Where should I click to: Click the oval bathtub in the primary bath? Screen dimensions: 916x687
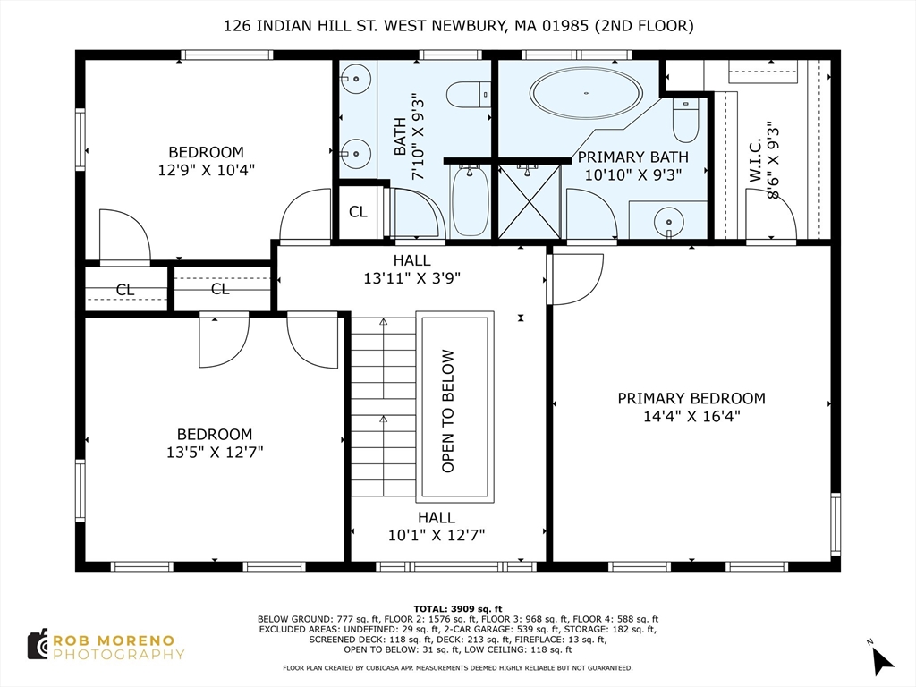[586, 93]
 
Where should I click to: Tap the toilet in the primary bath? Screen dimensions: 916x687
[685, 120]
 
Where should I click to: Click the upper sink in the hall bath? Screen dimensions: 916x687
[354, 79]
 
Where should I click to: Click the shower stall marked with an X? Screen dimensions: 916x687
[530, 201]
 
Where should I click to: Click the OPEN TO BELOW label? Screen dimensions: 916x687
[448, 411]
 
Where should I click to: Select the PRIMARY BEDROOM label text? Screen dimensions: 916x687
[691, 398]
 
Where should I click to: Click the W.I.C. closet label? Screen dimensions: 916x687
[755, 159]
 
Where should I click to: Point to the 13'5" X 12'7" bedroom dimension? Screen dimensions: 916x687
[215, 452]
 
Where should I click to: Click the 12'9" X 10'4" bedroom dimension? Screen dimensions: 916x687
[207, 170]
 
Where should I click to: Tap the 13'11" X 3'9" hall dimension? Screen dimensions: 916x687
[411, 278]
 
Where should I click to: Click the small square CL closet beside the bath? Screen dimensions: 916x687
[358, 211]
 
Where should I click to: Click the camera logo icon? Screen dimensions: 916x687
[38, 645]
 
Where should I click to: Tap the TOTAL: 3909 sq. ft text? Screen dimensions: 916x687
[458, 608]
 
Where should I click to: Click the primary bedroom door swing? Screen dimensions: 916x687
[576, 279]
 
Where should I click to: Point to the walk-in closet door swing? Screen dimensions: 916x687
[771, 214]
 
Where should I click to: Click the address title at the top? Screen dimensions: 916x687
[459, 26]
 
